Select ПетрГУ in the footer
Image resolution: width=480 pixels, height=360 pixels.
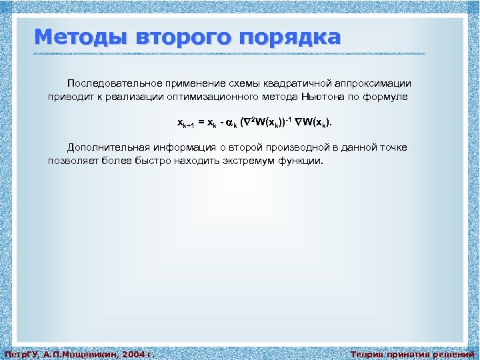tap(20, 354)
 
